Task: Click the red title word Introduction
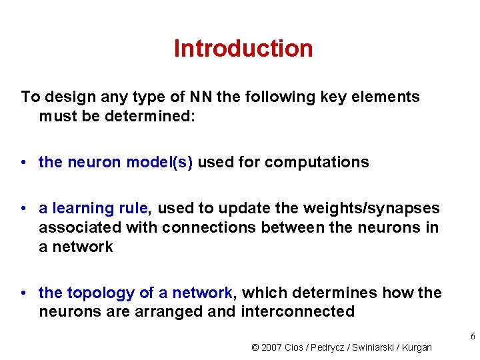point(243,49)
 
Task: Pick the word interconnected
point(297,311)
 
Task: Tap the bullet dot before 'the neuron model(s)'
point(23,163)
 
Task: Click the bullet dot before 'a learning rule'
point(23,209)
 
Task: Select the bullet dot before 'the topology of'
point(23,293)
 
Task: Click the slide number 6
point(473,337)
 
